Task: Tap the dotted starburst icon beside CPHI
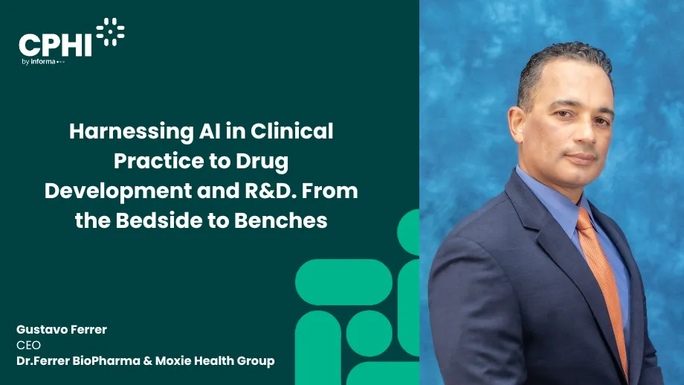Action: click(x=110, y=32)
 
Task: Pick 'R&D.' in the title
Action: click(x=281, y=191)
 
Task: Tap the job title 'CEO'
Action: click(x=28, y=345)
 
